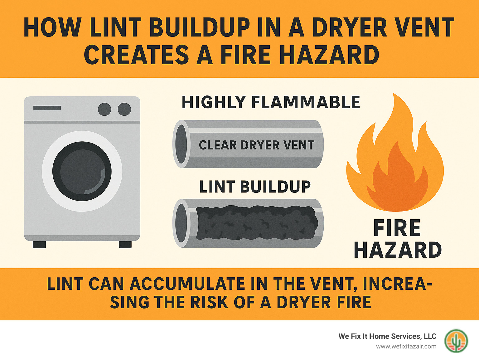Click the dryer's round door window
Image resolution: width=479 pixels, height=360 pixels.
pos(82,171)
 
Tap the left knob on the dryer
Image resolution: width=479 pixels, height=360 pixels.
pos(104,109)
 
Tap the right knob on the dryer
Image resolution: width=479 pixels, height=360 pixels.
pos(124,109)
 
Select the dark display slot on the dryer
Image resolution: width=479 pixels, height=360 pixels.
pos(47,108)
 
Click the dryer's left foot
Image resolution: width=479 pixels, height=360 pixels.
pos(39,245)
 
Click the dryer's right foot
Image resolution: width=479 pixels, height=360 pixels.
pos(125,245)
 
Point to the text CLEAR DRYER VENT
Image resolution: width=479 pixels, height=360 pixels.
pos(256,145)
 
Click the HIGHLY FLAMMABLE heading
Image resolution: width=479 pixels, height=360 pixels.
pos(271,102)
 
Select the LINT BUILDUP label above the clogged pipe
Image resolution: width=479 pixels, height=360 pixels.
pos(255,187)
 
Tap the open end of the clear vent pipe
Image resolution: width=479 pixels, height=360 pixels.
pos(181,144)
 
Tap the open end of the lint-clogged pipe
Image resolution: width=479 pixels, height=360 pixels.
pos(181,223)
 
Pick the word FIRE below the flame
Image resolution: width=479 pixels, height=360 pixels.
pos(397,228)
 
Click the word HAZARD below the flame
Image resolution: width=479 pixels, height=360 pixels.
pos(398,250)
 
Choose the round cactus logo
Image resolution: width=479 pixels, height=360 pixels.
pos(456,341)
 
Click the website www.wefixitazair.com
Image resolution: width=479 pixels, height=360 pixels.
pos(406,347)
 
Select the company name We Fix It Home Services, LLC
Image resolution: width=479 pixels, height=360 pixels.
pos(387,336)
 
